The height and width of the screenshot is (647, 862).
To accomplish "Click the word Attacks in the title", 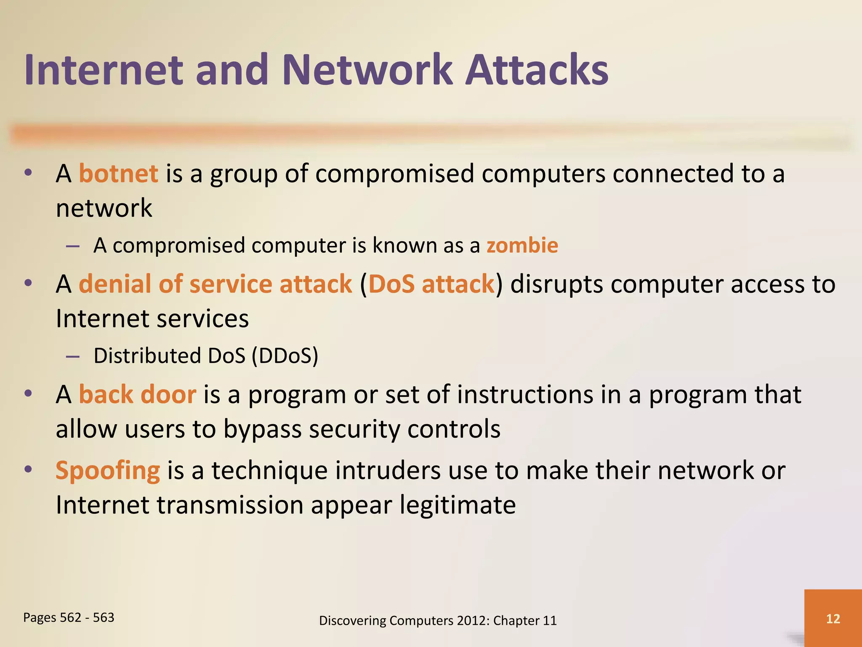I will click(537, 70).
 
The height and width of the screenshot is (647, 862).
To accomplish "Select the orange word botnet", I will click(118, 174).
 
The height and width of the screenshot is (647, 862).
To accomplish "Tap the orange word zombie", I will click(522, 245).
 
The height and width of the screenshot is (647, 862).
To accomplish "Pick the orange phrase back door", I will click(137, 395).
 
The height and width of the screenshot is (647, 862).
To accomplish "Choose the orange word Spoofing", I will click(108, 471).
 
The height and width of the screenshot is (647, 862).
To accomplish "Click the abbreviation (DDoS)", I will click(285, 356).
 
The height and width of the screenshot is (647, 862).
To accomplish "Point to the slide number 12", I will click(833, 618).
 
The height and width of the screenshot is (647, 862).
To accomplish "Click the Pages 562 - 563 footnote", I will click(69, 618).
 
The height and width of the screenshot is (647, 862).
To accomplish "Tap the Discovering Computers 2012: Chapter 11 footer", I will click(438, 620).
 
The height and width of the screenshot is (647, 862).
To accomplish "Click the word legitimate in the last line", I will click(458, 505).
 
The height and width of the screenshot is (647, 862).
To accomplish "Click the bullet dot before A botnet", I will click(28, 173).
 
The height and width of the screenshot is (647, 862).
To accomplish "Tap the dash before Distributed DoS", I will click(73, 356).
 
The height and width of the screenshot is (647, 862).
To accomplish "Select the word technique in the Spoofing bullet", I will click(269, 471).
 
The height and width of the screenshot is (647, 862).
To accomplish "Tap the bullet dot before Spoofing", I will click(28, 469).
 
